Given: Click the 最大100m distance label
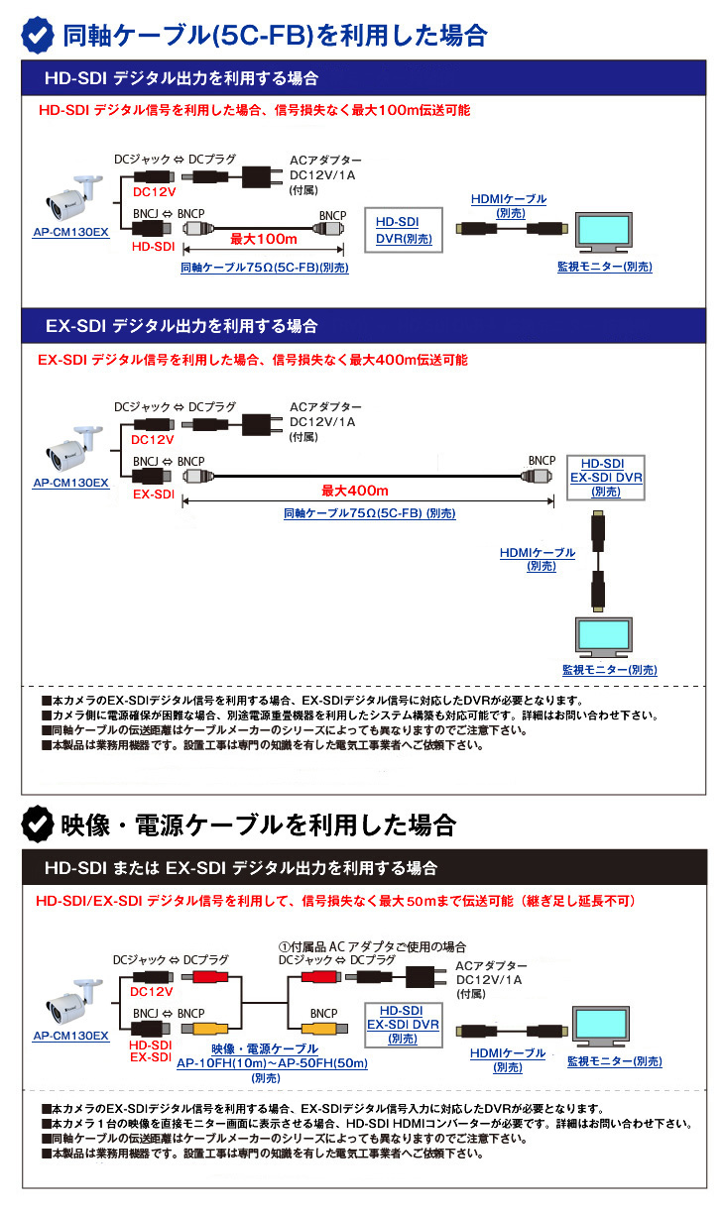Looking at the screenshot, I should click(264, 239).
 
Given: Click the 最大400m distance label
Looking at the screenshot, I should click(354, 491).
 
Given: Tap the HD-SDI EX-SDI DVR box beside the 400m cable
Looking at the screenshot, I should click(605, 477).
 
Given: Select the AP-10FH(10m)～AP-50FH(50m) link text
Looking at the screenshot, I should click(272, 1063).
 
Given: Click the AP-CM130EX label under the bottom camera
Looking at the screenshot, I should click(70, 1035).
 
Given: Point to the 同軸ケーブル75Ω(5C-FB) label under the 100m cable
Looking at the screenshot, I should click(264, 268).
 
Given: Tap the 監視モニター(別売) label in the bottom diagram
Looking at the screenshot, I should click(614, 1061).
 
